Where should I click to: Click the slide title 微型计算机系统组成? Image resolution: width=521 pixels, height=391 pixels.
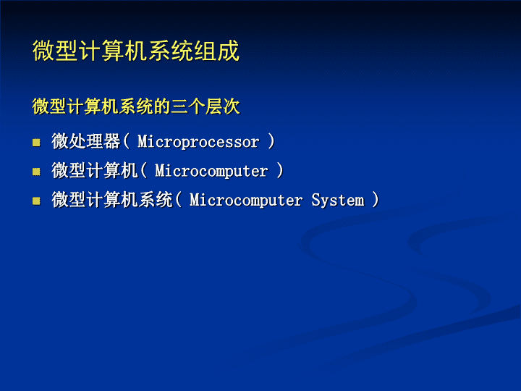136,51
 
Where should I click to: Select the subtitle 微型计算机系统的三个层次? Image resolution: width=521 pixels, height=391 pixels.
136,106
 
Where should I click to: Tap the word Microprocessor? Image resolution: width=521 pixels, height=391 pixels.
198,142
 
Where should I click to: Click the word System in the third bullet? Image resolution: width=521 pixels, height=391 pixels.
338,200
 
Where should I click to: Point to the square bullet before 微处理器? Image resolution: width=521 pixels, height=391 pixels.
36,143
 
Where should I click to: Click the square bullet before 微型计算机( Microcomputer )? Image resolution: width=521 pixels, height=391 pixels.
36,172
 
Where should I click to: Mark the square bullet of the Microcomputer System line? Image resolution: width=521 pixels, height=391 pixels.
36,201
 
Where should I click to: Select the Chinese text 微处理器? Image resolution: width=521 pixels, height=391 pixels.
85,141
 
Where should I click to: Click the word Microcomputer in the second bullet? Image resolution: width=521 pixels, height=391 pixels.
211,171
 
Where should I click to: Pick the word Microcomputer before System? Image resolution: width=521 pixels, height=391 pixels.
246,200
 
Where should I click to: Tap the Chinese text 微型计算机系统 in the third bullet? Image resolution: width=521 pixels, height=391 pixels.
112,200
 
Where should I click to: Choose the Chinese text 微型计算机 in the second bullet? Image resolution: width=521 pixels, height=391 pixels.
94,170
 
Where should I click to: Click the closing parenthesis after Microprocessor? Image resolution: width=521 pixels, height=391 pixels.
271,141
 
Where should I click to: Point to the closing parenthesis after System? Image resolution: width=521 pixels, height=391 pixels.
376,200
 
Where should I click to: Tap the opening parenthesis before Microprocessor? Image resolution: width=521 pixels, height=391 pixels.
126,141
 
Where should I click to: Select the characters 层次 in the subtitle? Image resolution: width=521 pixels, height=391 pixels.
222,106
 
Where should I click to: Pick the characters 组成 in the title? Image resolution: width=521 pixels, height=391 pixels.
216,51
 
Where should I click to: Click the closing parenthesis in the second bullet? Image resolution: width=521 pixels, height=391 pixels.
280,170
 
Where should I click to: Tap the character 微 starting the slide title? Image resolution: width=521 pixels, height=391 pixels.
43,51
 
